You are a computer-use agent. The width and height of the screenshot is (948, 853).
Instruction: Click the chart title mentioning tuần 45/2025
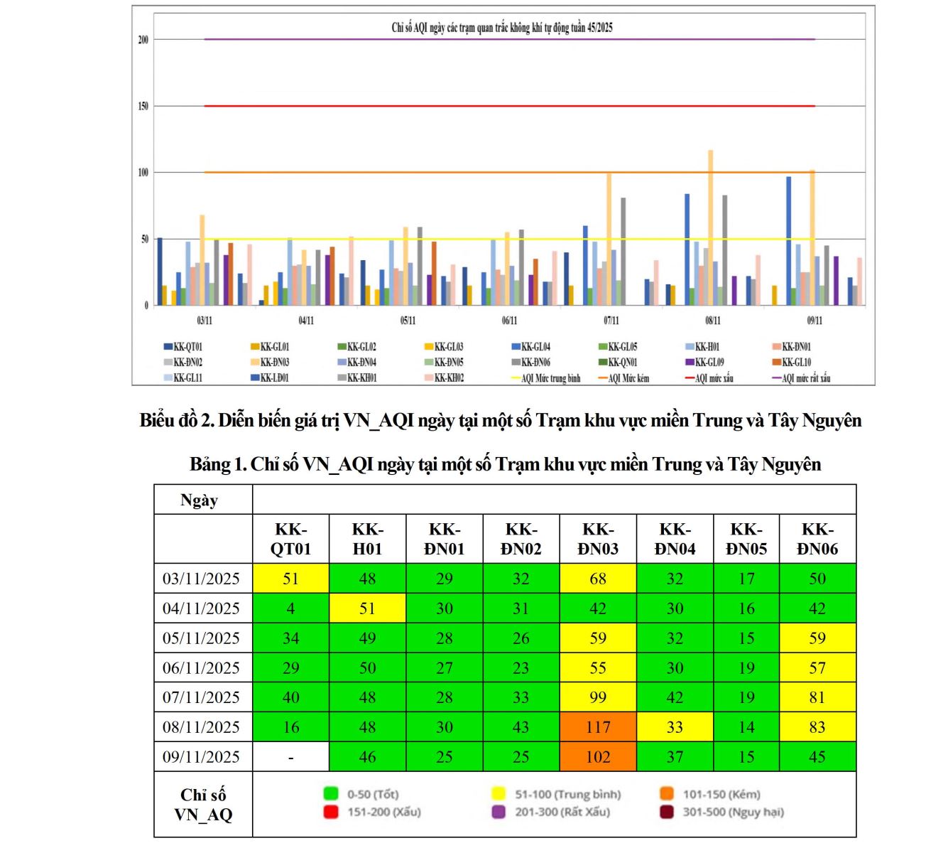click(x=502, y=28)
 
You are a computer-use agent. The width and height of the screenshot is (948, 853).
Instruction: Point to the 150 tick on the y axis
click(x=143, y=106)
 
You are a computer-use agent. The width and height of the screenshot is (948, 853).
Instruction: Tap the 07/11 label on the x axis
click(x=611, y=321)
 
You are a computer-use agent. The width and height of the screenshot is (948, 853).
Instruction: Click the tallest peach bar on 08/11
click(x=710, y=227)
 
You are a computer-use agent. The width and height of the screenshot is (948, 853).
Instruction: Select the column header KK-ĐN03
click(x=598, y=539)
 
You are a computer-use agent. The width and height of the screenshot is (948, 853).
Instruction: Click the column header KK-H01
click(x=367, y=539)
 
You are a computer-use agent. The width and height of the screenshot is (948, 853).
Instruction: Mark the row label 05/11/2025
click(x=202, y=638)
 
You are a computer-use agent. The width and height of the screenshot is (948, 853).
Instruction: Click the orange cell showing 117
click(x=598, y=727)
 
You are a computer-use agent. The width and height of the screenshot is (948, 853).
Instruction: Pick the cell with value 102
click(x=598, y=757)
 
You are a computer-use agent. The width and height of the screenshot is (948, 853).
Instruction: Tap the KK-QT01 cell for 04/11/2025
click(x=291, y=608)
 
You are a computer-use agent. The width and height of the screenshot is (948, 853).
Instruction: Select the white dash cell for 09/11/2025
click(x=291, y=757)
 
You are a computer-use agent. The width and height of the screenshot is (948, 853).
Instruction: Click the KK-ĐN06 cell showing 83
click(x=817, y=727)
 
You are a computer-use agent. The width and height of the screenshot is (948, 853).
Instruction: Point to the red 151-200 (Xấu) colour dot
click(x=331, y=812)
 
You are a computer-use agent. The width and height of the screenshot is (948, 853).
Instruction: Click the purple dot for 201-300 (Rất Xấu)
click(x=498, y=812)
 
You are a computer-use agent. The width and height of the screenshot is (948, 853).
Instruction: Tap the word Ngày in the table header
click(x=199, y=500)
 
